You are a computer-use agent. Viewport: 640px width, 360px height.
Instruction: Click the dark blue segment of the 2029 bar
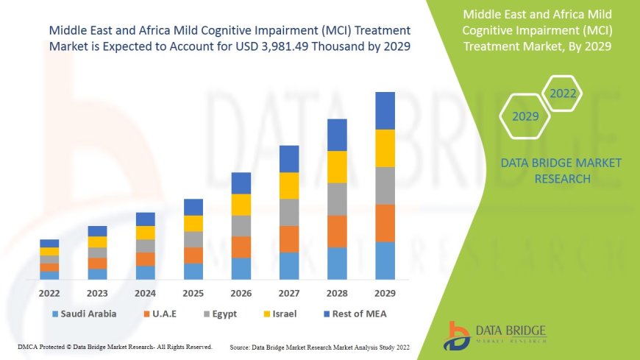point(385,110)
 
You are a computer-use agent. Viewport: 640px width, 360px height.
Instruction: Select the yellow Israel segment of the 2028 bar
point(337,166)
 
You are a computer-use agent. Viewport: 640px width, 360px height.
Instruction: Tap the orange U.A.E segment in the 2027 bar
point(289,239)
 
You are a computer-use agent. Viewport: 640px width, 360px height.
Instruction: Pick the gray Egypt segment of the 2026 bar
point(241,225)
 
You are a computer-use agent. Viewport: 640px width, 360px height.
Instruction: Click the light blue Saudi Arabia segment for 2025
point(193,271)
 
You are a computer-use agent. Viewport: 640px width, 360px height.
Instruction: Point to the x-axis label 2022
point(49,293)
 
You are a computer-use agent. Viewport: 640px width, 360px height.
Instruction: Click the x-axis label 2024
point(146,293)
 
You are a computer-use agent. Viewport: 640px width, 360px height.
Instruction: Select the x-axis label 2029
point(385,293)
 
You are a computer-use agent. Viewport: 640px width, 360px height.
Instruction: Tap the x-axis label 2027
point(289,293)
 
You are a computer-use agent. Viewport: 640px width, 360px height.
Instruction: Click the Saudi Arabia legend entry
point(83,314)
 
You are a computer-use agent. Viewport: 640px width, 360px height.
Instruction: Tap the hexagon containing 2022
point(563,93)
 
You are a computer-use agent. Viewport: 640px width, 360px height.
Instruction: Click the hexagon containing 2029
point(525,116)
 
